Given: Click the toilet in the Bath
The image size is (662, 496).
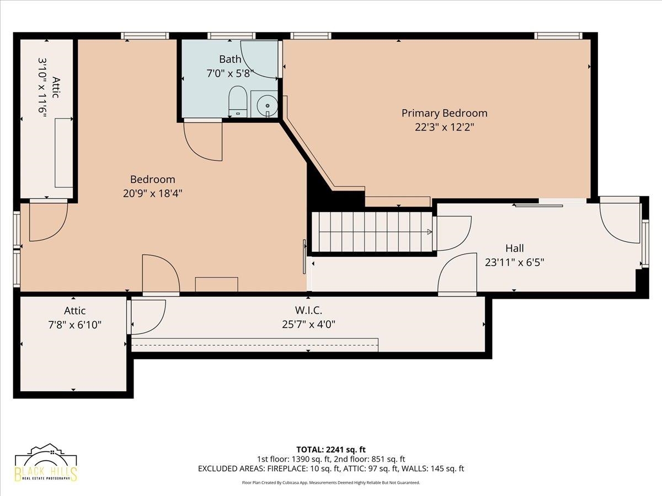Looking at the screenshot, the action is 238,101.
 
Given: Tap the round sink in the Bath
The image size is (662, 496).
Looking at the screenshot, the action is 267,106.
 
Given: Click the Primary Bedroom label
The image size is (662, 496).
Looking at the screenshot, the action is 444,113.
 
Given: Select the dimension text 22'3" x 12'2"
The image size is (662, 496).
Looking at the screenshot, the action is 445,127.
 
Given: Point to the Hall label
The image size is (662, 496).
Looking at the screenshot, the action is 515,248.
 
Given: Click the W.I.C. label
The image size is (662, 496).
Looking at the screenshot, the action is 308,310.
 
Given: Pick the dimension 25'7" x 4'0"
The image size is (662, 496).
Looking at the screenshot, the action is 308,325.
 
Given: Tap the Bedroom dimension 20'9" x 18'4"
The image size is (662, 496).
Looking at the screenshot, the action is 153,193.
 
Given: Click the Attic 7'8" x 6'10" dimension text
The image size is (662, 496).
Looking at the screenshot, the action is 75,325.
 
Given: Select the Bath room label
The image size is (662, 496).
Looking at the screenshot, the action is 230,59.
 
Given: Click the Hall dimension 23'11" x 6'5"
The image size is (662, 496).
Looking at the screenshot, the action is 515,262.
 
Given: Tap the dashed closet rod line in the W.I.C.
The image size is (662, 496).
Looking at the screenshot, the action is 255,344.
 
